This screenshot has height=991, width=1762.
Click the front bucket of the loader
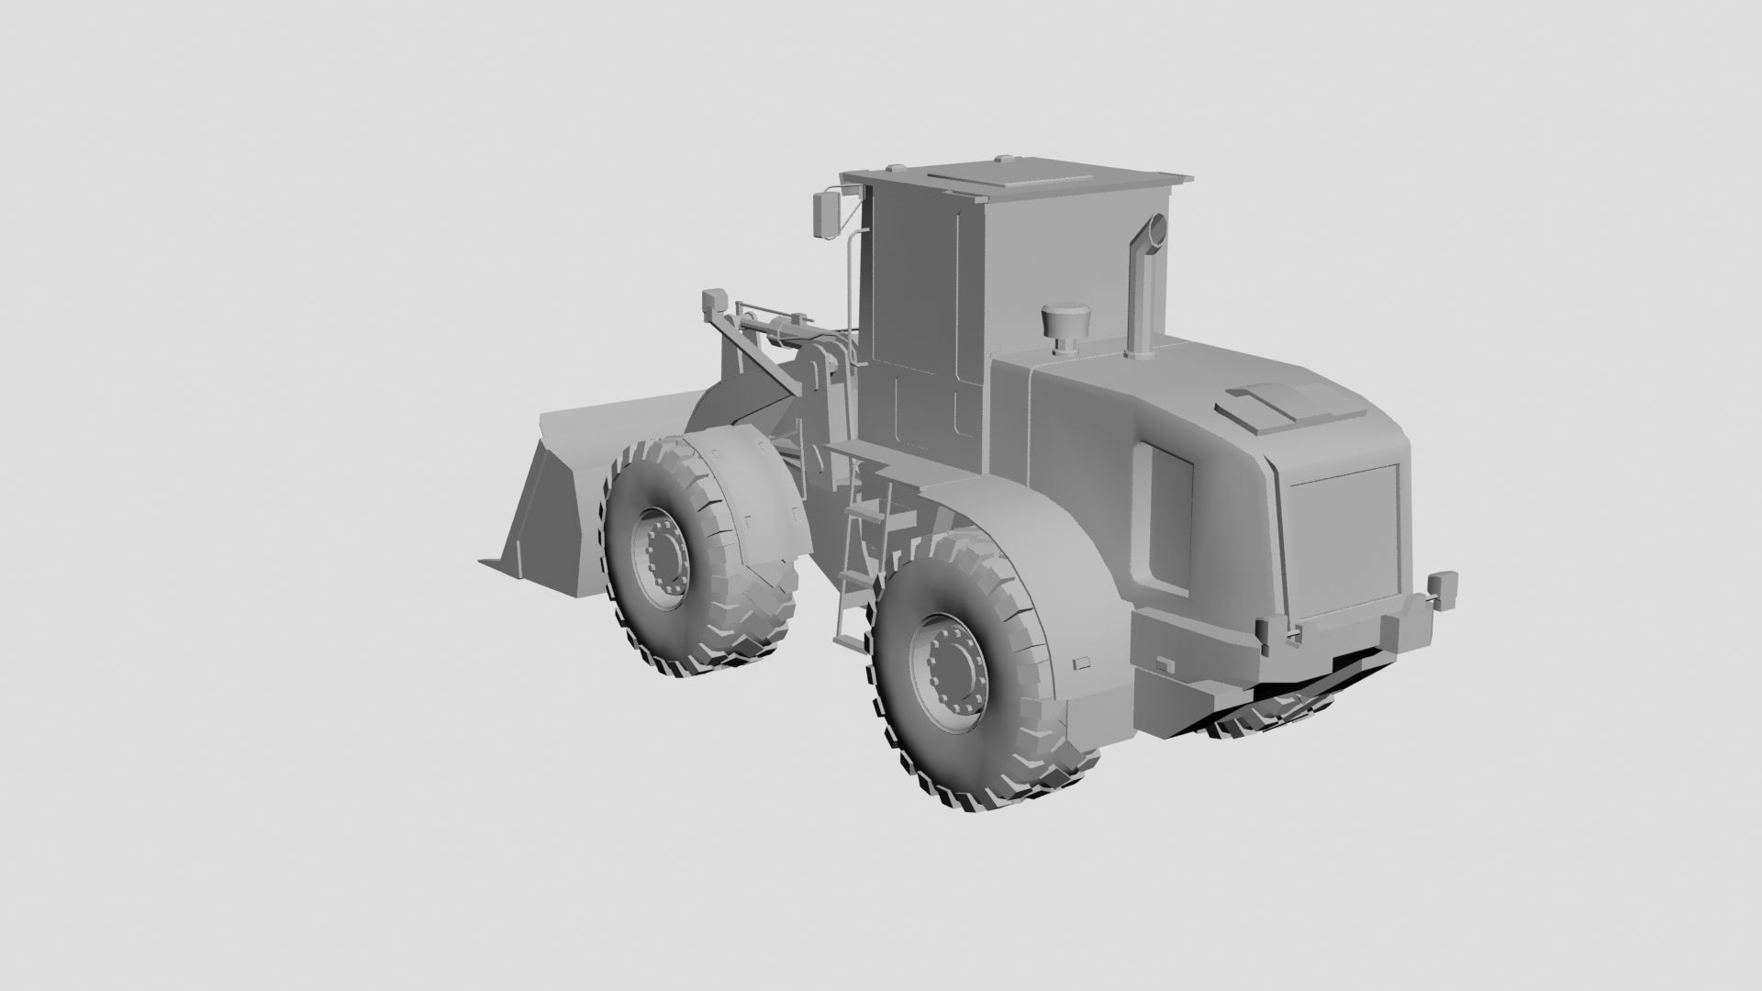tap(560, 495)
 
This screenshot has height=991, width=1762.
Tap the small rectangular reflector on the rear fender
tap(1082, 661)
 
